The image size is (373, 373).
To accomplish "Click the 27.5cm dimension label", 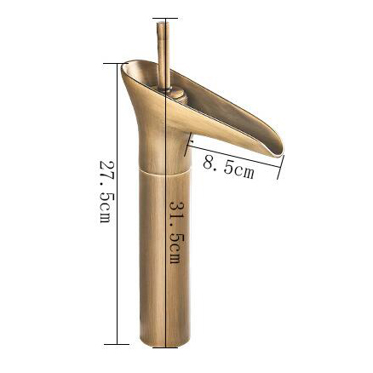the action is pos(105,192).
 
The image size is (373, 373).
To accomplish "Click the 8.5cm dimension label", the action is pos(228,169).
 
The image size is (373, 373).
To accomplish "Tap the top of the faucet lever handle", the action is pos(163,23).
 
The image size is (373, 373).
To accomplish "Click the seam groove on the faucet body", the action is pos(164,171).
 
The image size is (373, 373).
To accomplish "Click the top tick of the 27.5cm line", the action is pos(116,63).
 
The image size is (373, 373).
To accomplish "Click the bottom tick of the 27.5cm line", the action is pos(117,345).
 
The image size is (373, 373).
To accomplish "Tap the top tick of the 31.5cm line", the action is pos(165,19).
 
